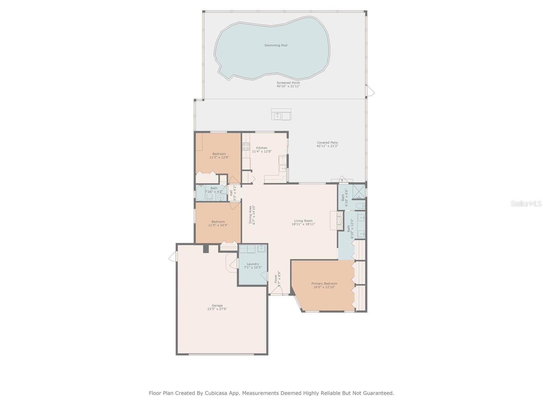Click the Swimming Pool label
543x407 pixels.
click(276, 45)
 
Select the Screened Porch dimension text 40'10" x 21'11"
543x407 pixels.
click(288, 86)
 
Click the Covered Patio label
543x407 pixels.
click(327, 142)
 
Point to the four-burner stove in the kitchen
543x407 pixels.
click(246, 147)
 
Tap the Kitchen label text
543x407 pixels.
click(262, 148)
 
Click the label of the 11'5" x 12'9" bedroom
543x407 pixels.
click(219, 154)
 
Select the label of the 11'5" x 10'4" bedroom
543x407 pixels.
click(218, 222)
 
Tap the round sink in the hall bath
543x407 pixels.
click(221, 197)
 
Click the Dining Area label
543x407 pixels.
click(250, 215)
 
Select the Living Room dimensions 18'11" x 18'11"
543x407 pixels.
click(303, 224)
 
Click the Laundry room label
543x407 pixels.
click(253, 264)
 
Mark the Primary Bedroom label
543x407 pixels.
click(324, 284)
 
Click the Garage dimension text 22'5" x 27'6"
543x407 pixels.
click(217, 309)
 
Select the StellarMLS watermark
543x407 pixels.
click(526, 203)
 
